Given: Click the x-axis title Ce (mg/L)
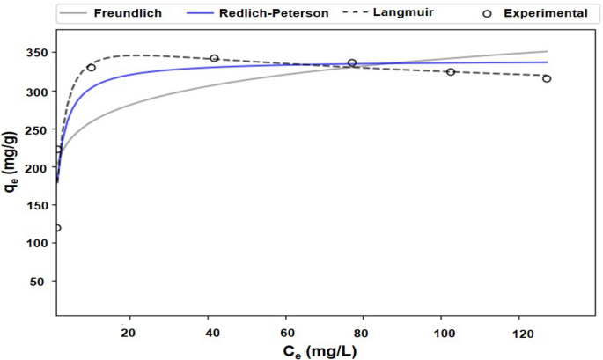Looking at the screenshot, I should [x=320, y=350].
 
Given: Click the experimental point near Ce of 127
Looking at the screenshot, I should [x=547, y=78].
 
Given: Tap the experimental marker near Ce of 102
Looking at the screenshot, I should [x=451, y=71].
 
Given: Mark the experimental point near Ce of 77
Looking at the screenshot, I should [x=352, y=62].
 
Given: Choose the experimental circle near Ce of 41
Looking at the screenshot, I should [x=214, y=58].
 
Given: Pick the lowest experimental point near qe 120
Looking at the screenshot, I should [x=57, y=228].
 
